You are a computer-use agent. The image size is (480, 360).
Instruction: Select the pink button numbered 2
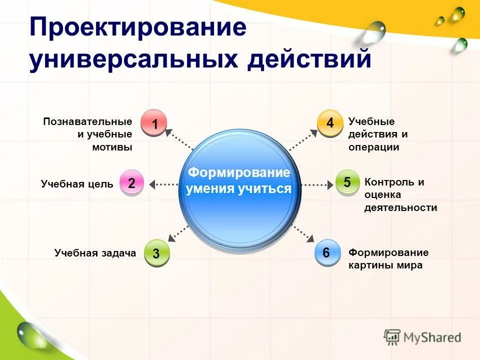pos(131,182)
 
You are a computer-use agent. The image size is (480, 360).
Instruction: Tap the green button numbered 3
pos(156,253)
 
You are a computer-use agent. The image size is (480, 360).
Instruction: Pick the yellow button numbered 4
pos(330,122)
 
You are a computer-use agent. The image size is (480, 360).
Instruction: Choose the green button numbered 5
pos(347,182)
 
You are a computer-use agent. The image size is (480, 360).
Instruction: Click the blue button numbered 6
pos(326,252)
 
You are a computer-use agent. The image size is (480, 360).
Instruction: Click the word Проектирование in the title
pos(137,27)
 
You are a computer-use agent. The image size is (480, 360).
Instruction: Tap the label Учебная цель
pos(77,184)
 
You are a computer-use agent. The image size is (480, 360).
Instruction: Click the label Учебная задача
pos(95,253)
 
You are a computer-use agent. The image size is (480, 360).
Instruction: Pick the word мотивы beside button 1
pos(112,147)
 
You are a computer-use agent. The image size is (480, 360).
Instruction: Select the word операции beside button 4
pos(373,147)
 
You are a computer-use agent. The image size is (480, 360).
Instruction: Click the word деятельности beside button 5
pos(400,208)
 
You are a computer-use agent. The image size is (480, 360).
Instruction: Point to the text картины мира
pos(385,265)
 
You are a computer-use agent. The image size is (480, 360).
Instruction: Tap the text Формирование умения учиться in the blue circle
pos(239,181)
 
